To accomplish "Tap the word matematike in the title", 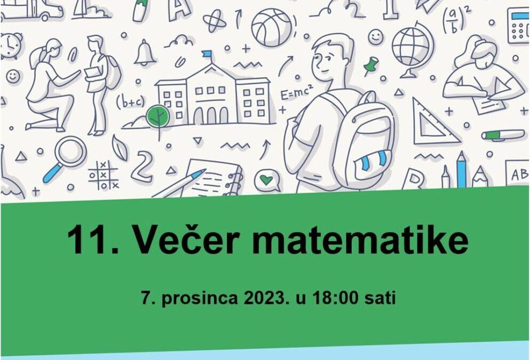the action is point(360,240).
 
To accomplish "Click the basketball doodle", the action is point(272,27).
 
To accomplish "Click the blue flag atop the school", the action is point(207,54).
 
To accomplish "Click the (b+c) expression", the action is point(130,101).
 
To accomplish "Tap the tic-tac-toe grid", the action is point(103,175).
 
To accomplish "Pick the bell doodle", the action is point(145,52).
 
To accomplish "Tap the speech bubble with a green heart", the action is point(267,180).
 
